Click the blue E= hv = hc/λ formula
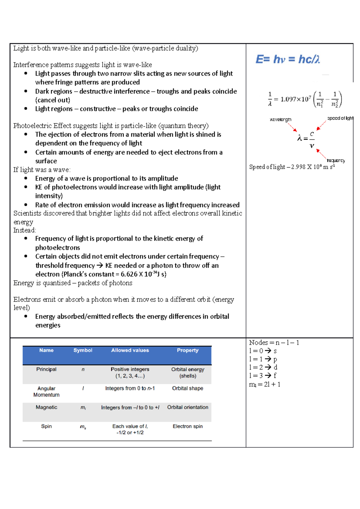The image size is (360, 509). coord(287,59)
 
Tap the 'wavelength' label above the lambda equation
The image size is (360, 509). coord(280,120)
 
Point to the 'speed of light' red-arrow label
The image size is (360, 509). coord(340,118)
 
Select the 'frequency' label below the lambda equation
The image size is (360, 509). coord(336,161)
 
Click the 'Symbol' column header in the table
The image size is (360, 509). coord(83,350)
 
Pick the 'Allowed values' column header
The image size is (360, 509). coord(130,350)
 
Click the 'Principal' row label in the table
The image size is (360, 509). coord(46,369)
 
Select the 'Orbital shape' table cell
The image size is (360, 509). coord(187,388)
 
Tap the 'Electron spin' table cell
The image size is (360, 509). coord(187,426)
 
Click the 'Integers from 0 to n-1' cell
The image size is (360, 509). coord(130,388)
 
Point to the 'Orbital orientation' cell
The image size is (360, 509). coord(187,407)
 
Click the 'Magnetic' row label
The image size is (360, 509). coord(46,407)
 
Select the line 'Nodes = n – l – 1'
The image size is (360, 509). coord(274,343)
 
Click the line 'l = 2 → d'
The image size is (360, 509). coord(263,367)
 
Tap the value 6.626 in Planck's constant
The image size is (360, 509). coord(129,274)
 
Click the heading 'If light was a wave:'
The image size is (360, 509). coord(42,170)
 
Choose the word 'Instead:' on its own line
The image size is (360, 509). coord(25,230)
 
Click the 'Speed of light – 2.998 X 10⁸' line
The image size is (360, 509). coord(292,167)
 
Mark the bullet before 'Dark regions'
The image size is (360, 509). coord(26,91)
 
